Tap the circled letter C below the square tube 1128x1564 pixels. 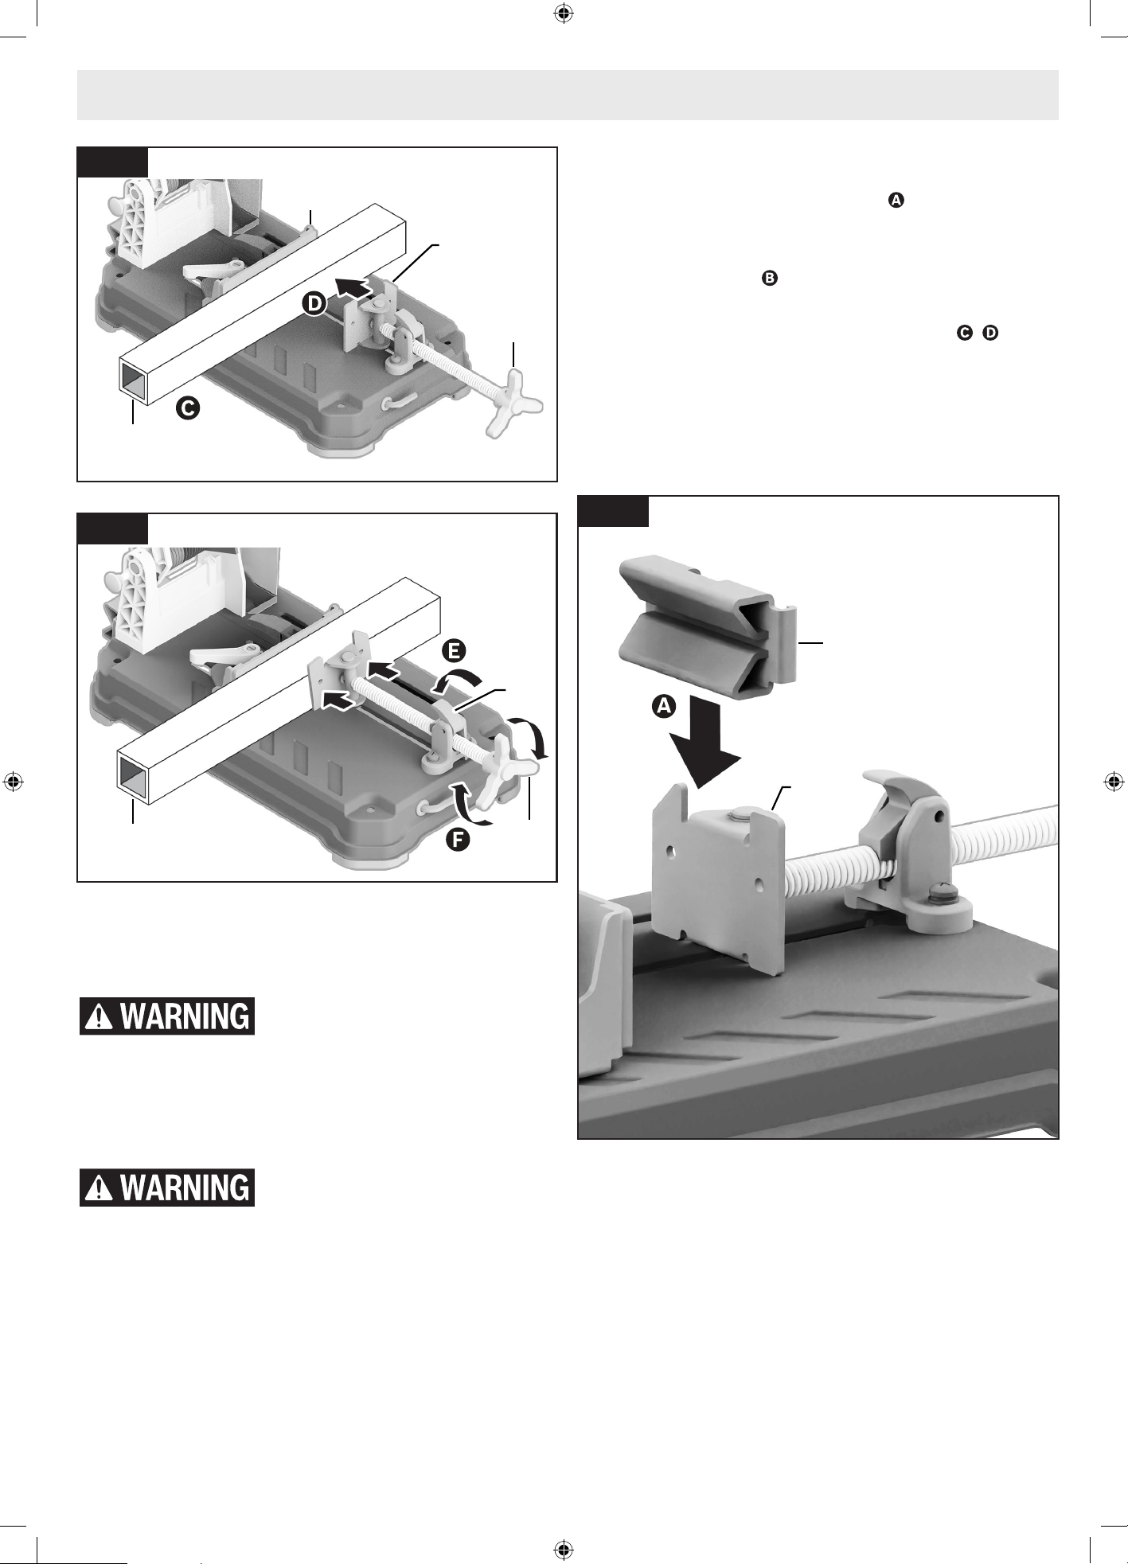pos(189,408)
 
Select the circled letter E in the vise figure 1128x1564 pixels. pos(452,650)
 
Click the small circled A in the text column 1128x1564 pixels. pos(896,201)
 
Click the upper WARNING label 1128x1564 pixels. pos(167,1016)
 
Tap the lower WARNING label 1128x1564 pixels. pos(167,1188)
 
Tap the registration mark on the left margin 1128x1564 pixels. pos(13,782)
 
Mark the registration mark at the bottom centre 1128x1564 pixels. pos(563,1550)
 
